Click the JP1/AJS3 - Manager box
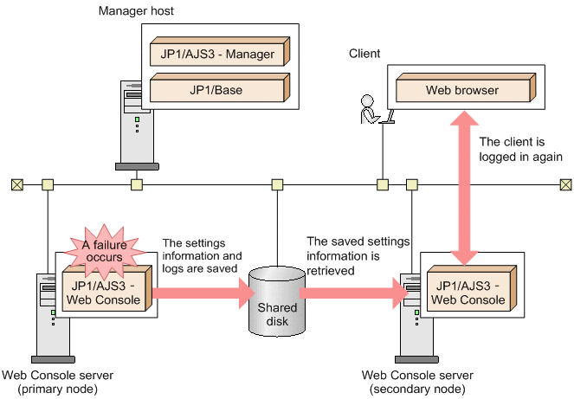[x=216, y=54]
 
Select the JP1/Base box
[x=216, y=88]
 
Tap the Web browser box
[x=462, y=89]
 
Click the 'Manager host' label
[x=136, y=11]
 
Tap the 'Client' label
[x=364, y=54]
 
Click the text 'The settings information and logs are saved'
[x=206, y=255]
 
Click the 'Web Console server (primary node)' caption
[x=57, y=382]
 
